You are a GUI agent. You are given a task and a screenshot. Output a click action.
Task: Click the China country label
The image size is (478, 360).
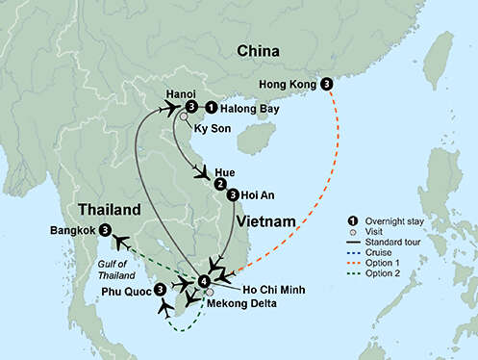(252, 50)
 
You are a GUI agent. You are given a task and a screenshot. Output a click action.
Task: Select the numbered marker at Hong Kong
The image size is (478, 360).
(328, 84)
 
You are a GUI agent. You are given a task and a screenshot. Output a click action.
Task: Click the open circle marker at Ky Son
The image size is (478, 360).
(183, 117)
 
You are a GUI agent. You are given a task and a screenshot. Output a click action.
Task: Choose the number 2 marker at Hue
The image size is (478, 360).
(221, 184)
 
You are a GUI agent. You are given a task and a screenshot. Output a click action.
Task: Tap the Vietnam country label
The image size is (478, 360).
(263, 222)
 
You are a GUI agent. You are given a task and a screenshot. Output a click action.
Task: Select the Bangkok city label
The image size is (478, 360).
(71, 231)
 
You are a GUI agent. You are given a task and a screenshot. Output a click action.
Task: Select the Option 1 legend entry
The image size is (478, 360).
(393, 267)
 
